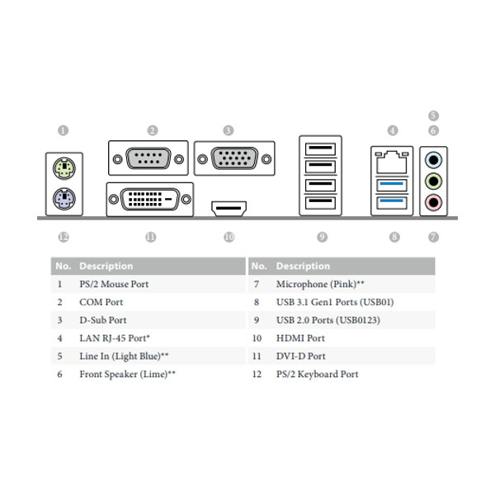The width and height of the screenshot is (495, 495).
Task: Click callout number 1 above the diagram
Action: point(64,130)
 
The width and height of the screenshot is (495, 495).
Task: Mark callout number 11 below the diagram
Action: point(150,237)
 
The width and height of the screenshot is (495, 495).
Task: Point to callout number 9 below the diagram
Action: point(322,237)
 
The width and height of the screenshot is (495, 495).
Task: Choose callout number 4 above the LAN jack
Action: point(393,130)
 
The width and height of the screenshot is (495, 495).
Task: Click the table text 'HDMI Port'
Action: point(300,338)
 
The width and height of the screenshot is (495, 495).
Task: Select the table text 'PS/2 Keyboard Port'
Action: point(317,375)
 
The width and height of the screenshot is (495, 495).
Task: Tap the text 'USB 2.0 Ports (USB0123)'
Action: point(328,320)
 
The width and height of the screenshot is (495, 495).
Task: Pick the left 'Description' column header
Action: point(106,266)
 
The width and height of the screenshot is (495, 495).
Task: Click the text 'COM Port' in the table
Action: point(101,302)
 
